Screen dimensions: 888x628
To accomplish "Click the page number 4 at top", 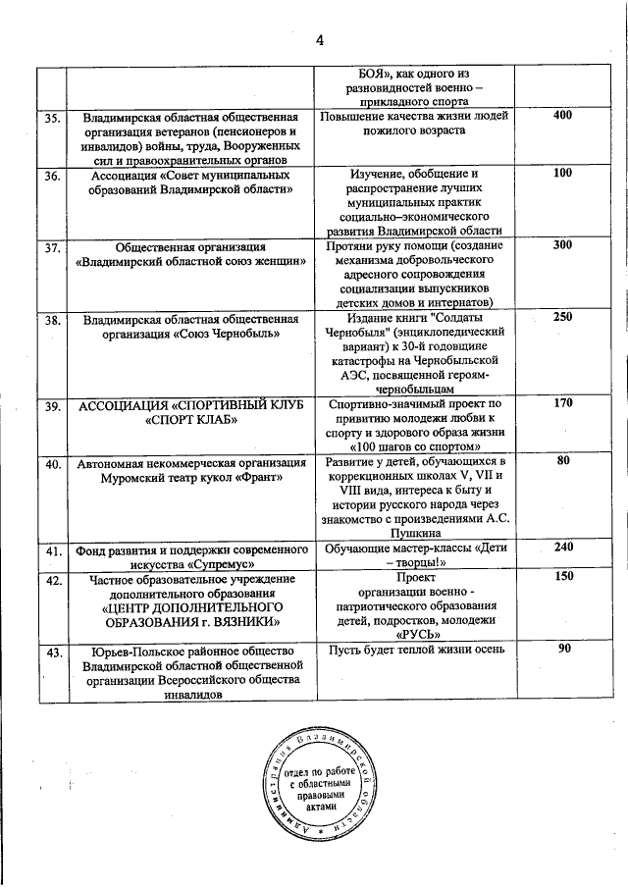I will [319, 38].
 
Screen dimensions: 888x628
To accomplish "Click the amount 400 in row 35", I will [562, 116].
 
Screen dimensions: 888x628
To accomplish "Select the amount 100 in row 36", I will [562, 174].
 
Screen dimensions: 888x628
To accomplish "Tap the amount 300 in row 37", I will [562, 245].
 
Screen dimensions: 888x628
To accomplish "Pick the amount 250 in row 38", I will [562, 317].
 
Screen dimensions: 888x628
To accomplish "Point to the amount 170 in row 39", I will [562, 402].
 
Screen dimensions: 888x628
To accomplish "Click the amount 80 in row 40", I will [562, 460].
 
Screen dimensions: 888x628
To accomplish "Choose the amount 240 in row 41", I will [562, 548].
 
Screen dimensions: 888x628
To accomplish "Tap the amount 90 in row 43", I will [563, 649].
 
